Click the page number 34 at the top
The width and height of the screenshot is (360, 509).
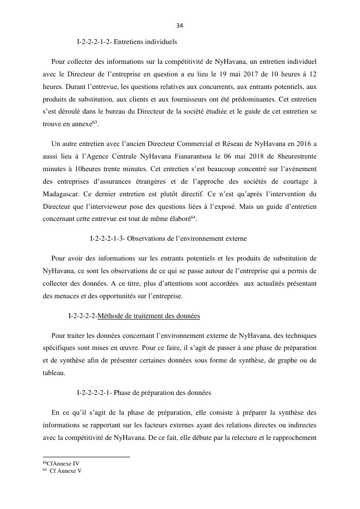click(x=180, y=26)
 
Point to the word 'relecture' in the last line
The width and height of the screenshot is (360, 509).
click(x=240, y=438)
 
